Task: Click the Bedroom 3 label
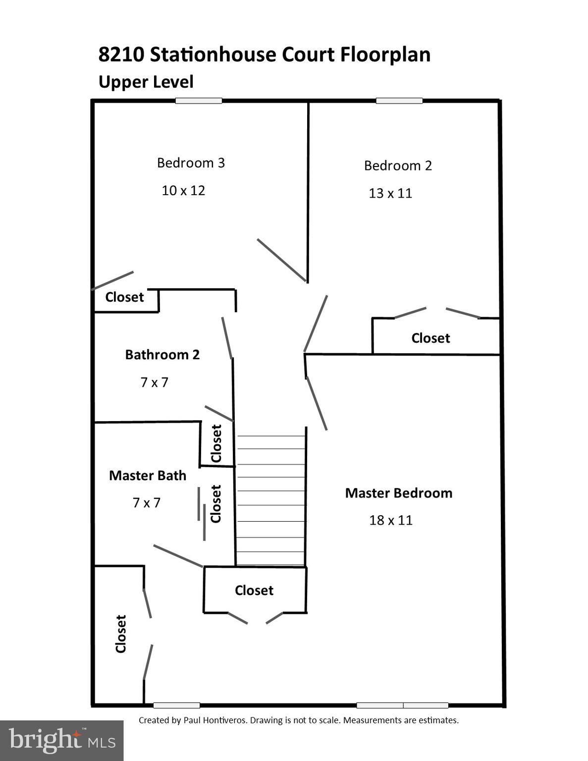tap(191, 163)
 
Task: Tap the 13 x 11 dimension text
tap(390, 193)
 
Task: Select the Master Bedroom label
tap(398, 493)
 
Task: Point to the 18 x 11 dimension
tap(390, 520)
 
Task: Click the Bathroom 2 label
tap(162, 355)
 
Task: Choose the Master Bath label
tap(148, 476)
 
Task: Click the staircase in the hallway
tap(270, 500)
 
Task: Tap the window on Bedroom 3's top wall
tap(199, 101)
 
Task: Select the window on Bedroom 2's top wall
tap(399, 101)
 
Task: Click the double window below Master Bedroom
tap(402, 705)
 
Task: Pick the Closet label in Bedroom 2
tap(430, 338)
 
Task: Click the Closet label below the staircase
tap(254, 591)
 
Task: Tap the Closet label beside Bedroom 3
tap(124, 297)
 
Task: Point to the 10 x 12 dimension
tap(183, 191)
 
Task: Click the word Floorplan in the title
tap(385, 54)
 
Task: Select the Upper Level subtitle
tap(146, 82)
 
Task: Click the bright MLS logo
tap(61, 741)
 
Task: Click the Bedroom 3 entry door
tap(281, 260)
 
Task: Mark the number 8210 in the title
tap(121, 54)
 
